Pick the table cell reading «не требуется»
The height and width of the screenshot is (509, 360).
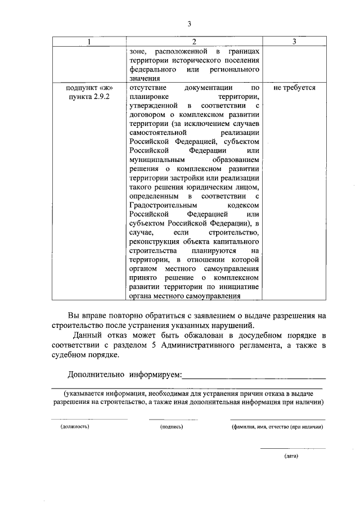[x=294, y=88]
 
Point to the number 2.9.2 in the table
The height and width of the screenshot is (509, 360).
[x=99, y=97]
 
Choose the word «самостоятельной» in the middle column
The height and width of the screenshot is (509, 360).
[x=157, y=133]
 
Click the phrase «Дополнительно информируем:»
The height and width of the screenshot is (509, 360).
[x=125, y=374]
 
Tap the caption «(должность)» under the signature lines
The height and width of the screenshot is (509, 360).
[x=75, y=427]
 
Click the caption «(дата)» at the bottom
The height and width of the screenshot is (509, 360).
[x=291, y=456]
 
